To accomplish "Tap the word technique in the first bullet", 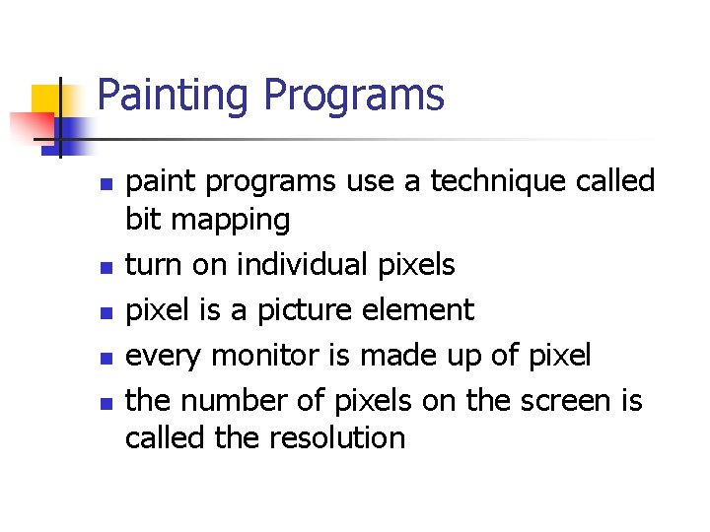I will (470, 181).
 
